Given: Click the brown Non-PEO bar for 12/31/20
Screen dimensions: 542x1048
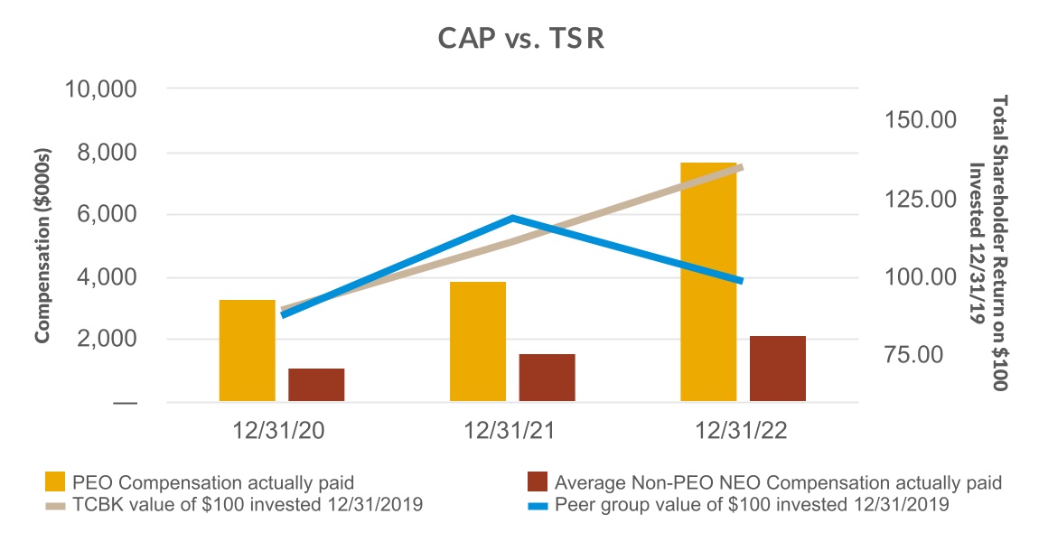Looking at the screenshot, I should click(316, 385).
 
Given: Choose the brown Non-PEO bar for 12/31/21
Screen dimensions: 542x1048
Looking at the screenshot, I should click(547, 378).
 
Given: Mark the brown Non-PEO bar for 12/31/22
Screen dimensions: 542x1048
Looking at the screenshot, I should click(777, 369).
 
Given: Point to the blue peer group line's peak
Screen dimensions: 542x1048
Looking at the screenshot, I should click(512, 218).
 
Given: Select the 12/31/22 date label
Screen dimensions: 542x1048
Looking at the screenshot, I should click(743, 432).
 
